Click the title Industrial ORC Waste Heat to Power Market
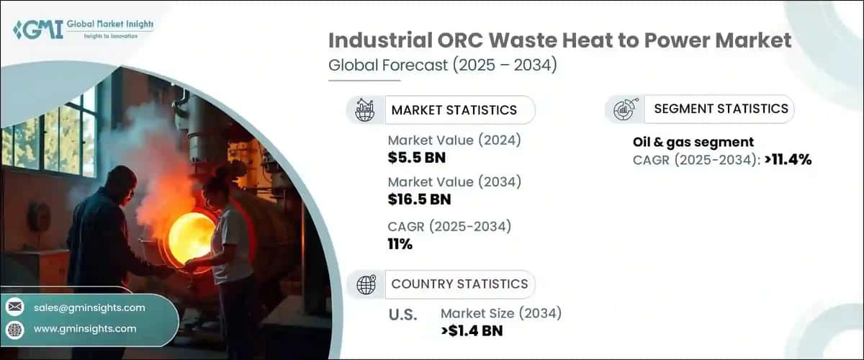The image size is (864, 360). click(559, 40)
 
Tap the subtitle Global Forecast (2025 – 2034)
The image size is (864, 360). click(442, 66)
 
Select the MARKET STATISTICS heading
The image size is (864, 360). click(454, 110)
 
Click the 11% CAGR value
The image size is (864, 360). click(400, 244)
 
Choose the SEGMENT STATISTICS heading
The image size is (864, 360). click(721, 109)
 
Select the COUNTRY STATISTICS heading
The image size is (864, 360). click(459, 284)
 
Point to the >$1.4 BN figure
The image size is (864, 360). click(472, 330)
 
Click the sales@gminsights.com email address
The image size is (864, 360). click(89, 307)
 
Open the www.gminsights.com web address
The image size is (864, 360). click(85, 328)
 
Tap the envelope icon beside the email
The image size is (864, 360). click(14, 307)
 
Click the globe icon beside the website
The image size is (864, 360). click(14, 328)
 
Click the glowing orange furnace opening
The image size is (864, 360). click(191, 238)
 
